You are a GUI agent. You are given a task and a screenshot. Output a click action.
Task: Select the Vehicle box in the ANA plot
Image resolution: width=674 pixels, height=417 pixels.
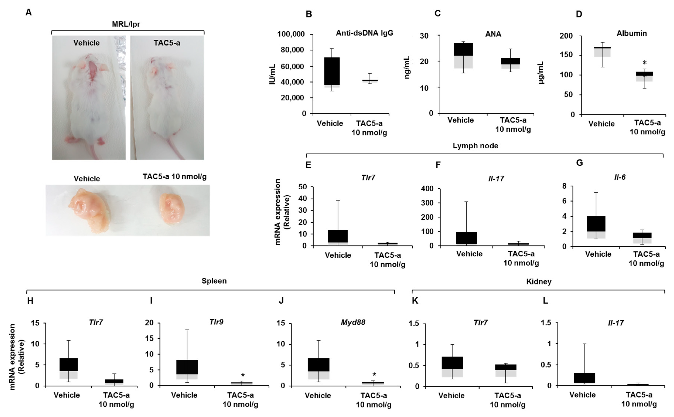(463, 55)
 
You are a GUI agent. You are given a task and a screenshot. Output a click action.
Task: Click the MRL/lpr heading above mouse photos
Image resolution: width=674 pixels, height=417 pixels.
(126, 24)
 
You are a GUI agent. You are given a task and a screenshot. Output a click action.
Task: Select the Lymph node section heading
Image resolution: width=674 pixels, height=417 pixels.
(475, 146)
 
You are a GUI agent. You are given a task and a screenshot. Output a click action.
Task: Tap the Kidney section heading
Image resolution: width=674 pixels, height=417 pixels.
(538, 282)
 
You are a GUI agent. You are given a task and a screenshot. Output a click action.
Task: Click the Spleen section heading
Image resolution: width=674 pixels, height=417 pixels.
(214, 281)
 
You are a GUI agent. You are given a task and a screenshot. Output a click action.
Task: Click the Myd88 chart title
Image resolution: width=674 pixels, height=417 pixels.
(353, 322)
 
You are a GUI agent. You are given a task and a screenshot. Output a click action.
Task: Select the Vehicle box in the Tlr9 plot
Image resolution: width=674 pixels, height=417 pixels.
(187, 369)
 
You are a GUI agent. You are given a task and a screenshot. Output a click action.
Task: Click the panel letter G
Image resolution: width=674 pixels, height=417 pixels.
(579, 163)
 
